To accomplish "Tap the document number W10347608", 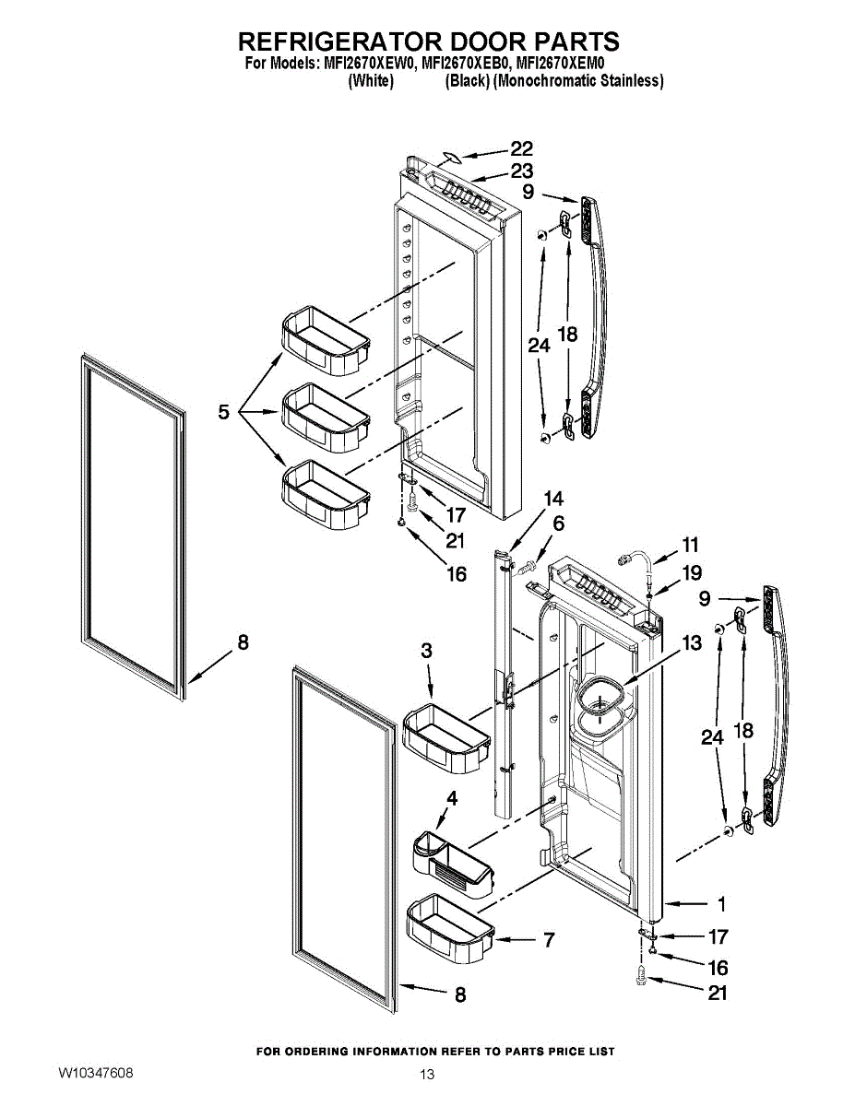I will coord(95,1074).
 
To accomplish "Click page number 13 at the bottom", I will coord(426,1075).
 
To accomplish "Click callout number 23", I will coord(522,171).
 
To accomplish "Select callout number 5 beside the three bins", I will coord(224,413).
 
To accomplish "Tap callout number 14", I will coord(553,499).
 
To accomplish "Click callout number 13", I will coord(692,644).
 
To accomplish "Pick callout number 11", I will coord(690,544).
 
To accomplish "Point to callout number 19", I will coord(692,572).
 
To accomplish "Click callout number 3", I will coord(426,651).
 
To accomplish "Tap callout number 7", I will coord(548,940).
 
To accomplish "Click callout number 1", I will coord(721,904).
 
